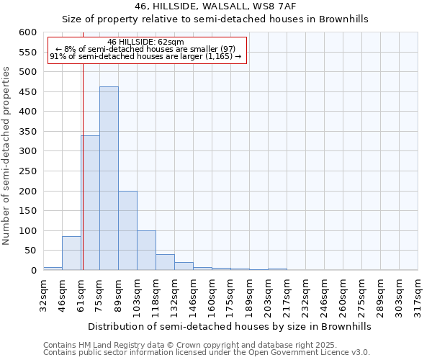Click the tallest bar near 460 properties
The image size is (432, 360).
pyautogui.click(x=109, y=179)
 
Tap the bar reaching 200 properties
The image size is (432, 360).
pyautogui.click(x=127, y=230)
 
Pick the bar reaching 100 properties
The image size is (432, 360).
pyautogui.click(x=146, y=251)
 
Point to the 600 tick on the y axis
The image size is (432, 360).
pyautogui.click(x=27, y=32)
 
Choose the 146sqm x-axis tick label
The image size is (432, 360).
pyautogui.click(x=194, y=294)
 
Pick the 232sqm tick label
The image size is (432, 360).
pyautogui.click(x=306, y=294)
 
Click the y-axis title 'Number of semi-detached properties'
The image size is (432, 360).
pyautogui.click(x=7, y=156)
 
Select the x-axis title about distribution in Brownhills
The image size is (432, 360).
pyautogui.click(x=230, y=326)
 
